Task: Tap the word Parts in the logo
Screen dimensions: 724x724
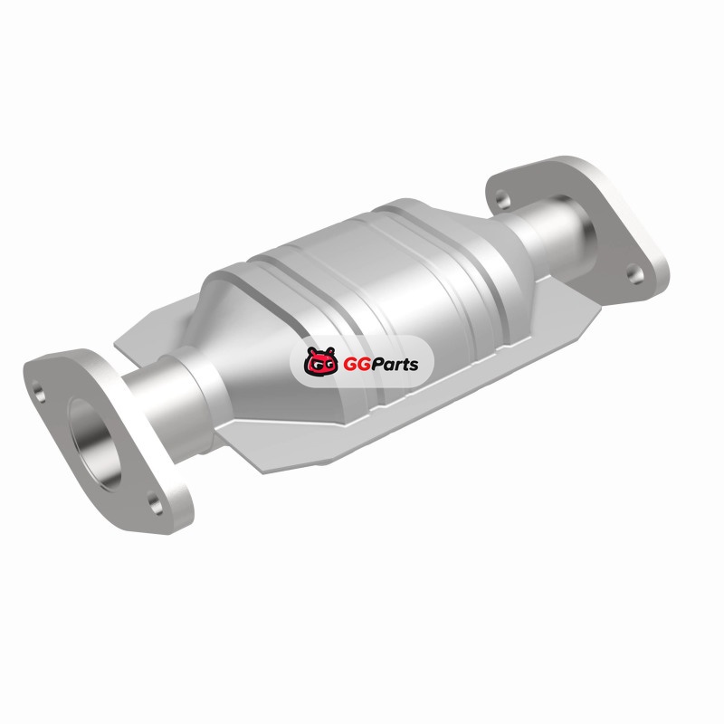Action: pyautogui.click(x=394, y=365)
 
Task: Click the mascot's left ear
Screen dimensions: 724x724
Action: pyautogui.click(x=312, y=351)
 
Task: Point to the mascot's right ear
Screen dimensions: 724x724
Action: pyautogui.click(x=329, y=351)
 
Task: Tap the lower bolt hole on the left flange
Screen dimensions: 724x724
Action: pyautogui.click(x=156, y=504)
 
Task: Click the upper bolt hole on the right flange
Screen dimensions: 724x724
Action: pyautogui.click(x=503, y=199)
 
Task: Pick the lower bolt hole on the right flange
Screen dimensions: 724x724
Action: pyautogui.click(x=635, y=274)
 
